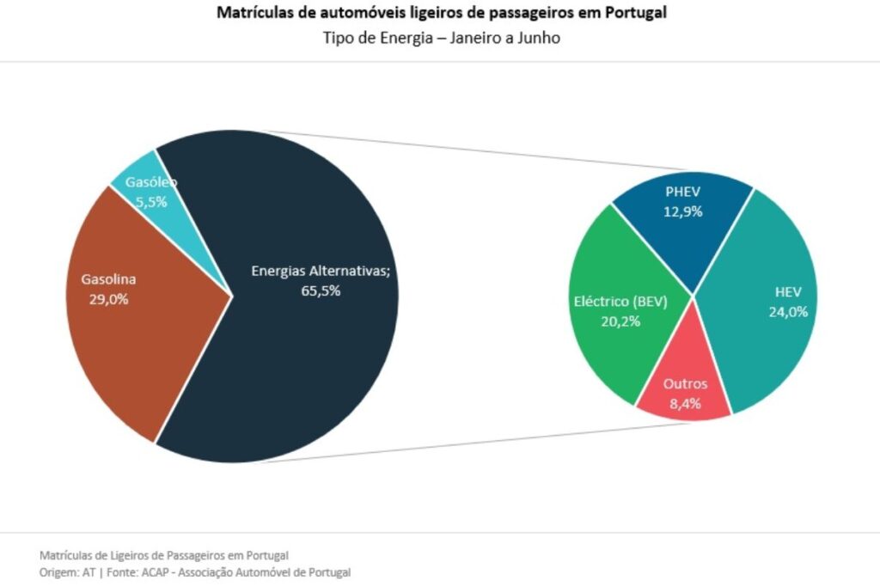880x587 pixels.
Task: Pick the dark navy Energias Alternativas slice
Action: click(318, 361)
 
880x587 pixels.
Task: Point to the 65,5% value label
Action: click(321, 290)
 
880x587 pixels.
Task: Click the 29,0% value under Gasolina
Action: click(108, 299)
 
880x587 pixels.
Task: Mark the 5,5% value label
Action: click(151, 202)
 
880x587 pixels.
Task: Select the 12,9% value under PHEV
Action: click(683, 211)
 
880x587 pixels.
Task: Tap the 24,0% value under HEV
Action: click(787, 312)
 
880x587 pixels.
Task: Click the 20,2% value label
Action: click(620, 321)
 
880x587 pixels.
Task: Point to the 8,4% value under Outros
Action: click(685, 403)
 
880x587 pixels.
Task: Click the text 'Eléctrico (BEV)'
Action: click(620, 302)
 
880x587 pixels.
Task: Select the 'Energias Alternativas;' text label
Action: click(321, 271)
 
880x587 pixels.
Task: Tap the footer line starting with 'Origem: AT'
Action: click(195, 572)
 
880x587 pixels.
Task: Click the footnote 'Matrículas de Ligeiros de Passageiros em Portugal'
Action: click(164, 554)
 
